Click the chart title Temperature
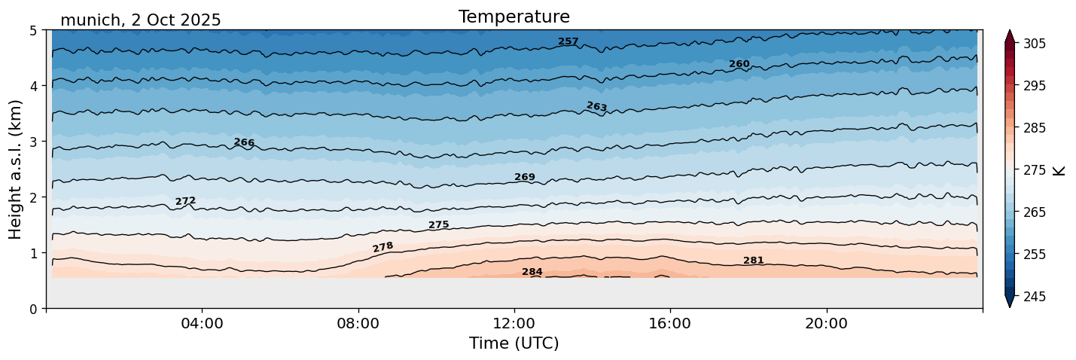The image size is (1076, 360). pos(514,17)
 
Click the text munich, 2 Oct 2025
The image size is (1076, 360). pos(140,20)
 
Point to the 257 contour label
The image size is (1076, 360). pos(568,41)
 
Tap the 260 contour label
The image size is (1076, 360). pos(739,64)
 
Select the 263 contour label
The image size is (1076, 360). pos(596,107)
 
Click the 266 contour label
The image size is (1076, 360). pos(244,142)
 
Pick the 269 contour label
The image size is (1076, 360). pos(524,177)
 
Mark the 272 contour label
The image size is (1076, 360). pos(185,201)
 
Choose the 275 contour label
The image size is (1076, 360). pos(438,224)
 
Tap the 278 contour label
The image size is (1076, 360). pos(383,247)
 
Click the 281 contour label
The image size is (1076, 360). pos(753,261)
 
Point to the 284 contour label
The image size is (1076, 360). pos(532,272)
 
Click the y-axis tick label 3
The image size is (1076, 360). pos(34,142)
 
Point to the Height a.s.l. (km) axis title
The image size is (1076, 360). pos(16,169)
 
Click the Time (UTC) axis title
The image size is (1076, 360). pos(514,343)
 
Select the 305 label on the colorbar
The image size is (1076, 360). pos(1033,44)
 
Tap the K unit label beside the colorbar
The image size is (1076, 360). pos(1059,170)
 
